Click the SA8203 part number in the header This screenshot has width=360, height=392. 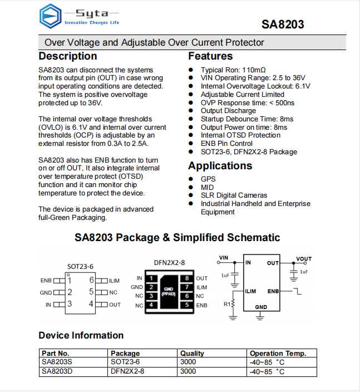pyautogui.click(x=283, y=24)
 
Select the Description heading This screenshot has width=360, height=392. pyautogui.click(x=67, y=56)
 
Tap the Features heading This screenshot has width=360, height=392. pyautogui.click(x=210, y=56)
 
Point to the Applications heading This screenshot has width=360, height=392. pyautogui.click(x=220, y=166)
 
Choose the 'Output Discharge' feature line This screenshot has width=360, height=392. pyautogui.click(x=228, y=111)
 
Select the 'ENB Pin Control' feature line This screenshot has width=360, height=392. pyautogui.click(x=227, y=143)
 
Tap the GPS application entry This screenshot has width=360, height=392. pyautogui.click(x=208, y=179)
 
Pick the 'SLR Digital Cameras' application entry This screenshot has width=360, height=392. pyautogui.click(x=234, y=195)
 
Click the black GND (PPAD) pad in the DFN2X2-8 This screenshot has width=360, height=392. pyautogui.click(x=169, y=291)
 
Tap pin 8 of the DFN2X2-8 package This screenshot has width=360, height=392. pyautogui.click(x=187, y=278)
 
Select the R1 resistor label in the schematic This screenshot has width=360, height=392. pyautogui.click(x=226, y=304)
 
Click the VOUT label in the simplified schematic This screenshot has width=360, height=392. pyautogui.click(x=304, y=259)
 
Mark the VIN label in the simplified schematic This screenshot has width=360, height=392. pyautogui.click(x=224, y=258)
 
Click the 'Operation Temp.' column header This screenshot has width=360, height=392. pyautogui.click(x=278, y=354)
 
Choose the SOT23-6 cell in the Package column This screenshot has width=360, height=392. pyautogui.click(x=125, y=362)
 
